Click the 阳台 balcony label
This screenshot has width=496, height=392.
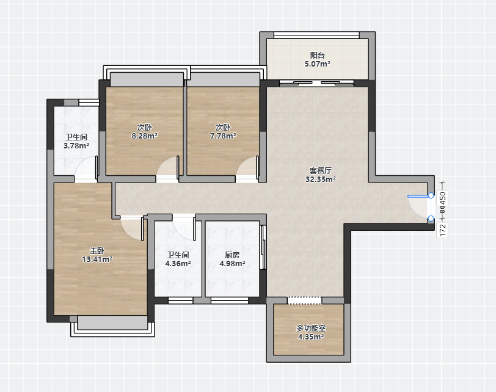[317, 56]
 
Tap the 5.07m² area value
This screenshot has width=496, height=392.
[317, 64]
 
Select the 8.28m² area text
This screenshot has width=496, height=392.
[144, 136]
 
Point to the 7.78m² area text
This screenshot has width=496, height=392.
[223, 136]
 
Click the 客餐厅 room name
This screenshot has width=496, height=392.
[321, 171]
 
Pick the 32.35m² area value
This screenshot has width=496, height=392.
[321, 180]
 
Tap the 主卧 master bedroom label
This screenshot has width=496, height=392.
[97, 251]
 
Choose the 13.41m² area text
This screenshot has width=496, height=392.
[97, 260]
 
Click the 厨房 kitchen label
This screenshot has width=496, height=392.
[232, 255]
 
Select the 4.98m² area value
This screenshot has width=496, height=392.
[232, 263]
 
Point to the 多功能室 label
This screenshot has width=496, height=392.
[311, 328]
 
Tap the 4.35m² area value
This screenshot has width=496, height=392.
[311, 337]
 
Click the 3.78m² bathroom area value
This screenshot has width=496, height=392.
[76, 146]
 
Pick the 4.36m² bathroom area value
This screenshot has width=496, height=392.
[178, 263]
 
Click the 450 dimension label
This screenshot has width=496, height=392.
[442, 198]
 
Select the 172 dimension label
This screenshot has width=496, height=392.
[442, 230]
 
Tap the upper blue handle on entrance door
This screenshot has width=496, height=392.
[431, 195]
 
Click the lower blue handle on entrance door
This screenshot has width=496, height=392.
[431, 218]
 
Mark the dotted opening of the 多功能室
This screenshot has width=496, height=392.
[304, 300]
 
